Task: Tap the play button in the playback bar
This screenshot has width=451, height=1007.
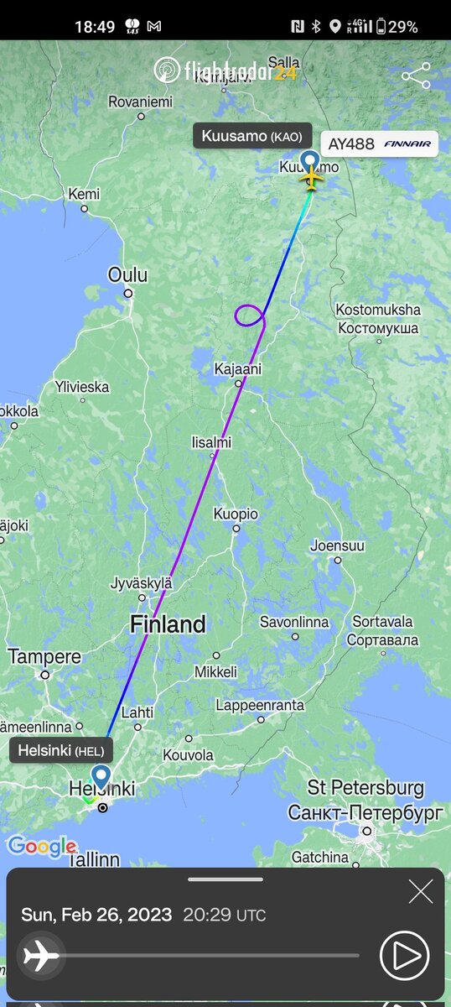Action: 404,955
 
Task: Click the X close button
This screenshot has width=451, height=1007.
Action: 421,891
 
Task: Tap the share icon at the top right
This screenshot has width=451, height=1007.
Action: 416,76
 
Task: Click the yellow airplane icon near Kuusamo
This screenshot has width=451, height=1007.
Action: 311,178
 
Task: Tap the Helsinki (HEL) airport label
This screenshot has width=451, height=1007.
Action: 61,749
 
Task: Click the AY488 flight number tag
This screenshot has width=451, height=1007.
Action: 379,143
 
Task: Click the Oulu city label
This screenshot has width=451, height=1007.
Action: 127,275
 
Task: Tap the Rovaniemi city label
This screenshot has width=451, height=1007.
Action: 140,102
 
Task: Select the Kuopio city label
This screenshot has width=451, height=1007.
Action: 236,514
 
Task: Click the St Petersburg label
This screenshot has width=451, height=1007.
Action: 365,789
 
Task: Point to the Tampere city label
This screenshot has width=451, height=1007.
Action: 44,656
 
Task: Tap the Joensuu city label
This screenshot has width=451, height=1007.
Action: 337,545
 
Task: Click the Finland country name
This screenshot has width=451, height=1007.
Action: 168,624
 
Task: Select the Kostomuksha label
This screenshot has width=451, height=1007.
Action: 378,310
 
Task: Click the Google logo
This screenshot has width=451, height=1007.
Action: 41,846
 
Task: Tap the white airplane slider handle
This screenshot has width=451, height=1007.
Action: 41,955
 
